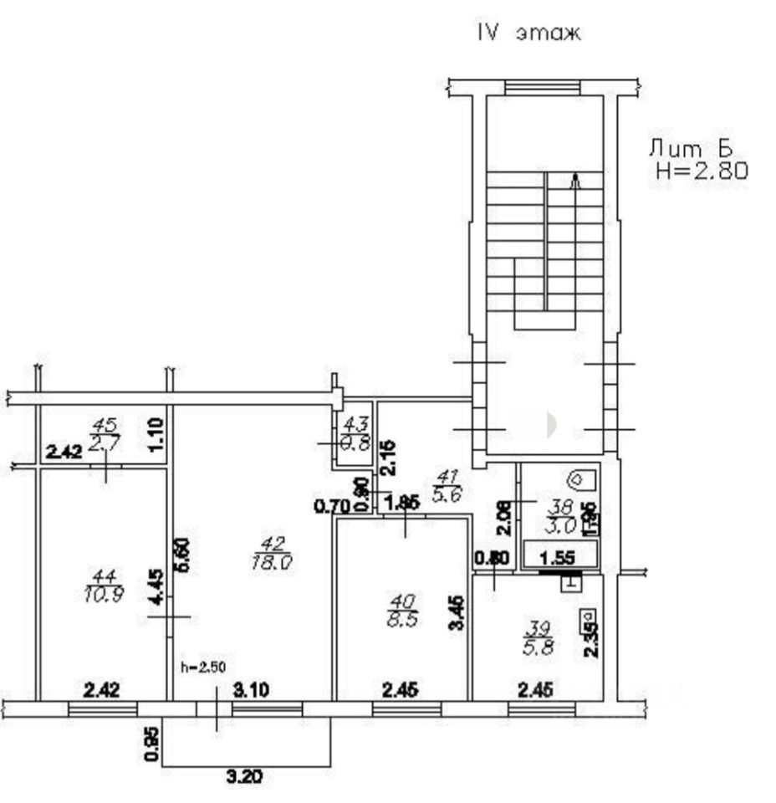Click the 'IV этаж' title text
tap(528, 34)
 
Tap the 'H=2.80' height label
tap(701, 171)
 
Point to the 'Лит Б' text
tap(691, 149)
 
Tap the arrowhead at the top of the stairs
tap(574, 177)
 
